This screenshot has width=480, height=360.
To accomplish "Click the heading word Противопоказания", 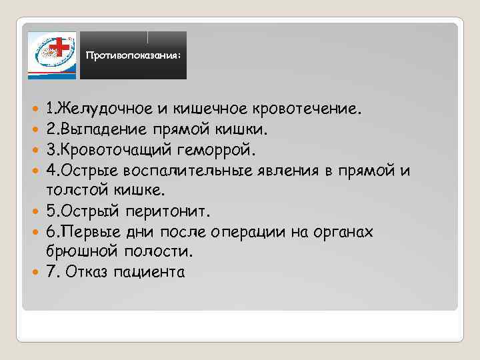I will [x=132, y=57].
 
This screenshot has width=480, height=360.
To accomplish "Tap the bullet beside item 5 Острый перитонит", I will [x=35, y=212].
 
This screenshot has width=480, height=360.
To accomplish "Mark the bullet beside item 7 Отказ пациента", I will [x=35, y=272].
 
